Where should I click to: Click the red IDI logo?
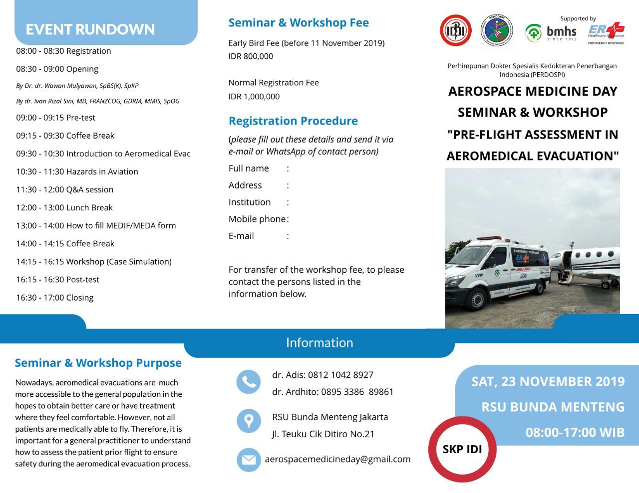455,30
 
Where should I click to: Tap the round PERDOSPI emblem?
497,31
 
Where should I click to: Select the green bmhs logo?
551,33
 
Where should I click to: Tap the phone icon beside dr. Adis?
248,382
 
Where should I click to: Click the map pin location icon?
248,421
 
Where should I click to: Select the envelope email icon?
248,460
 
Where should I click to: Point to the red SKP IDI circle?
462,449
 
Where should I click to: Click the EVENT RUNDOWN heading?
90,29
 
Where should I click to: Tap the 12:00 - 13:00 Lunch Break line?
64,207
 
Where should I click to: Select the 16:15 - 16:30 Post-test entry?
57,280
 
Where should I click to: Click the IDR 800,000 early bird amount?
251,56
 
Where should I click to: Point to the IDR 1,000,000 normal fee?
254,96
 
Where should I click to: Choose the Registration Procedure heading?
293,121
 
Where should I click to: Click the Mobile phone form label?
257,219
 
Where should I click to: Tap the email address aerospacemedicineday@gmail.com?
337,459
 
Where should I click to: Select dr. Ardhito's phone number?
357,392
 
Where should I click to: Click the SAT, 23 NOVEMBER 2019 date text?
548,381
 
